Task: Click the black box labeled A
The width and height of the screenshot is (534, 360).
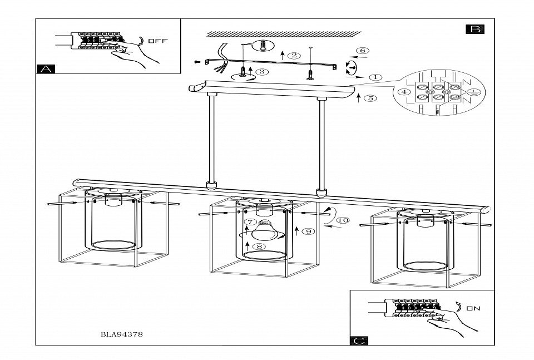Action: click(46, 69)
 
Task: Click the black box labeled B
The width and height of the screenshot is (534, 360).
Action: click(475, 28)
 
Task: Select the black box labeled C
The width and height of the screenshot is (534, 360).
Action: click(359, 340)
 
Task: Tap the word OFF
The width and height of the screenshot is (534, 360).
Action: click(157, 41)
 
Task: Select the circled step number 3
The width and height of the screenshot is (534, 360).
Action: click(262, 71)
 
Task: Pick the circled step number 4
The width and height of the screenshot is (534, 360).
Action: click(404, 92)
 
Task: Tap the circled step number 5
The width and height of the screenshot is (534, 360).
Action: click(370, 98)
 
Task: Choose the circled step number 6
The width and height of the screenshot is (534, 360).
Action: click(362, 51)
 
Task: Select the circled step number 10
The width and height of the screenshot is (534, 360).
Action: click(343, 220)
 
